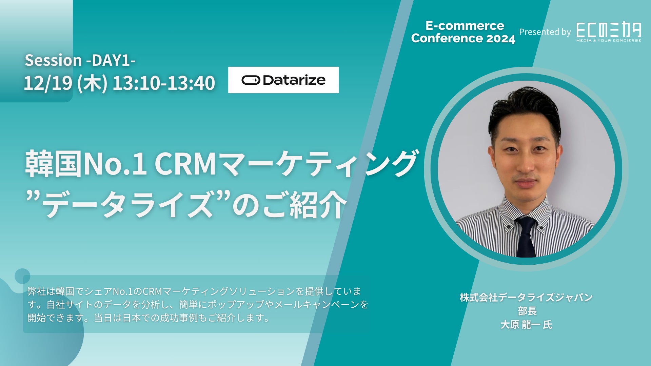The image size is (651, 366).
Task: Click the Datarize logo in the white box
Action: (283, 80)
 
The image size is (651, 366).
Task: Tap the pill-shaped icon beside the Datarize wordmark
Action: (251, 80)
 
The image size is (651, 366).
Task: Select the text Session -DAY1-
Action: (80, 60)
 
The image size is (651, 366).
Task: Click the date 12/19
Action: (48, 83)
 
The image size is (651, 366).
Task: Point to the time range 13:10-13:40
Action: (164, 83)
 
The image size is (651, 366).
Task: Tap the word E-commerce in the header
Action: (465, 26)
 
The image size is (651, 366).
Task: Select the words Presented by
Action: (545, 32)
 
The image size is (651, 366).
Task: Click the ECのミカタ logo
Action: (609, 32)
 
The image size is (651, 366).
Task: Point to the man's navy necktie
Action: (526, 237)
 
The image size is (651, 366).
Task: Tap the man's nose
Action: (525, 163)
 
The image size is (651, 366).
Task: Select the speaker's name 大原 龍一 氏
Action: (526, 325)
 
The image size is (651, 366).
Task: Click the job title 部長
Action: (527, 311)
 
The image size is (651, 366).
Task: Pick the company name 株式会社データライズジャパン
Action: (526, 297)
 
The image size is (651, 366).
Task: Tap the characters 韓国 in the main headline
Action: (54, 164)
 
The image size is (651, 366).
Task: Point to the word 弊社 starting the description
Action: (37, 291)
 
